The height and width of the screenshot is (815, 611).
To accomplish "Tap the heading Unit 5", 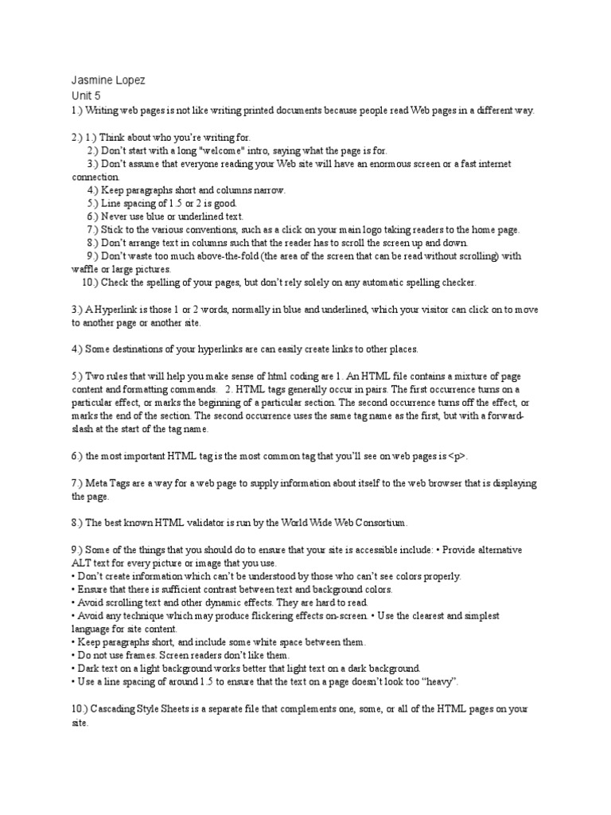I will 86,96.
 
